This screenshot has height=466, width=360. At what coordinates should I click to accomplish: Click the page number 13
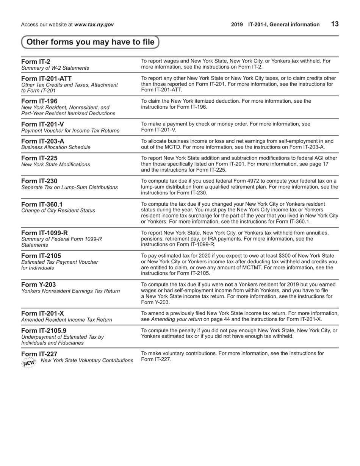pyautogui.click(x=335, y=24)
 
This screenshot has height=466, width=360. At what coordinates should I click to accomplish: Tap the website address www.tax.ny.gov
pyautogui.click(x=94, y=25)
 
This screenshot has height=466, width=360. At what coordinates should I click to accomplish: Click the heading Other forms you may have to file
pyautogui.click(x=91, y=42)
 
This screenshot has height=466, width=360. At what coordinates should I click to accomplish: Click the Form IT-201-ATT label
pyautogui.click(x=46, y=78)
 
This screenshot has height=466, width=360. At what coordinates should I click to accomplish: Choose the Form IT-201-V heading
pyautogui.click(x=42, y=124)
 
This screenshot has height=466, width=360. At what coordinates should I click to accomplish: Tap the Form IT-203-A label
pyautogui.click(x=43, y=141)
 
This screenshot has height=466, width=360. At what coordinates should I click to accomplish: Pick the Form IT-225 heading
pyautogui.click(x=39, y=158)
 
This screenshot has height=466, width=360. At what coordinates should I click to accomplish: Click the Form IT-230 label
pyautogui.click(x=39, y=181)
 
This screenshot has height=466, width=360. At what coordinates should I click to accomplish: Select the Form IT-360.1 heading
pyautogui.click(x=42, y=204)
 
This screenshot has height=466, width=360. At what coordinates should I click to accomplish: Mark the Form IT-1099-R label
pyautogui.click(x=45, y=233)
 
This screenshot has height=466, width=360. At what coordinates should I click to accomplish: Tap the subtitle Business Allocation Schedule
pyautogui.click(x=56, y=147)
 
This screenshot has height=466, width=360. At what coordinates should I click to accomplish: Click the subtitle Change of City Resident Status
pyautogui.click(x=58, y=211)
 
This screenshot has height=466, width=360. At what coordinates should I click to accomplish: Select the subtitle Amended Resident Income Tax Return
pyautogui.click(x=67, y=320)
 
